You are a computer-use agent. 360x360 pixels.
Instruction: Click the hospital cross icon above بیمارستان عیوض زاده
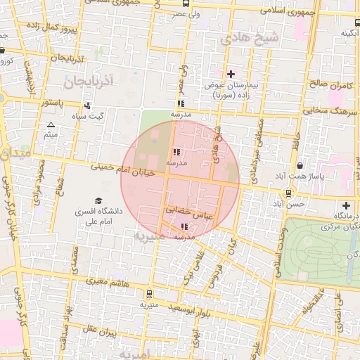coord(231,74)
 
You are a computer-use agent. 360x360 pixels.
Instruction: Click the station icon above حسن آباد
coord(288,193)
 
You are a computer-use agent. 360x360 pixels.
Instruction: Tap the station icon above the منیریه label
coord(148,294)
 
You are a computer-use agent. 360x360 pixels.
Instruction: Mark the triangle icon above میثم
coord(50,124)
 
